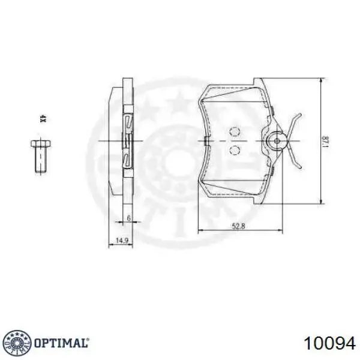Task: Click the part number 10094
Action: coord(329,344)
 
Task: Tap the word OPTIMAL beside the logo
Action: coord(62,343)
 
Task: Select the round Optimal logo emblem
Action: coord(18,343)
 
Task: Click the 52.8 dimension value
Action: coord(239,226)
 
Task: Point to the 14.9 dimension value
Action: coord(122,241)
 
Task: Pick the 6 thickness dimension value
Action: coord(129,218)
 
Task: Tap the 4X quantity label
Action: coord(43,119)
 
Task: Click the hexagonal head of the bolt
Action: coord(41,144)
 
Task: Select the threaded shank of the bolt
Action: coord(41,160)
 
